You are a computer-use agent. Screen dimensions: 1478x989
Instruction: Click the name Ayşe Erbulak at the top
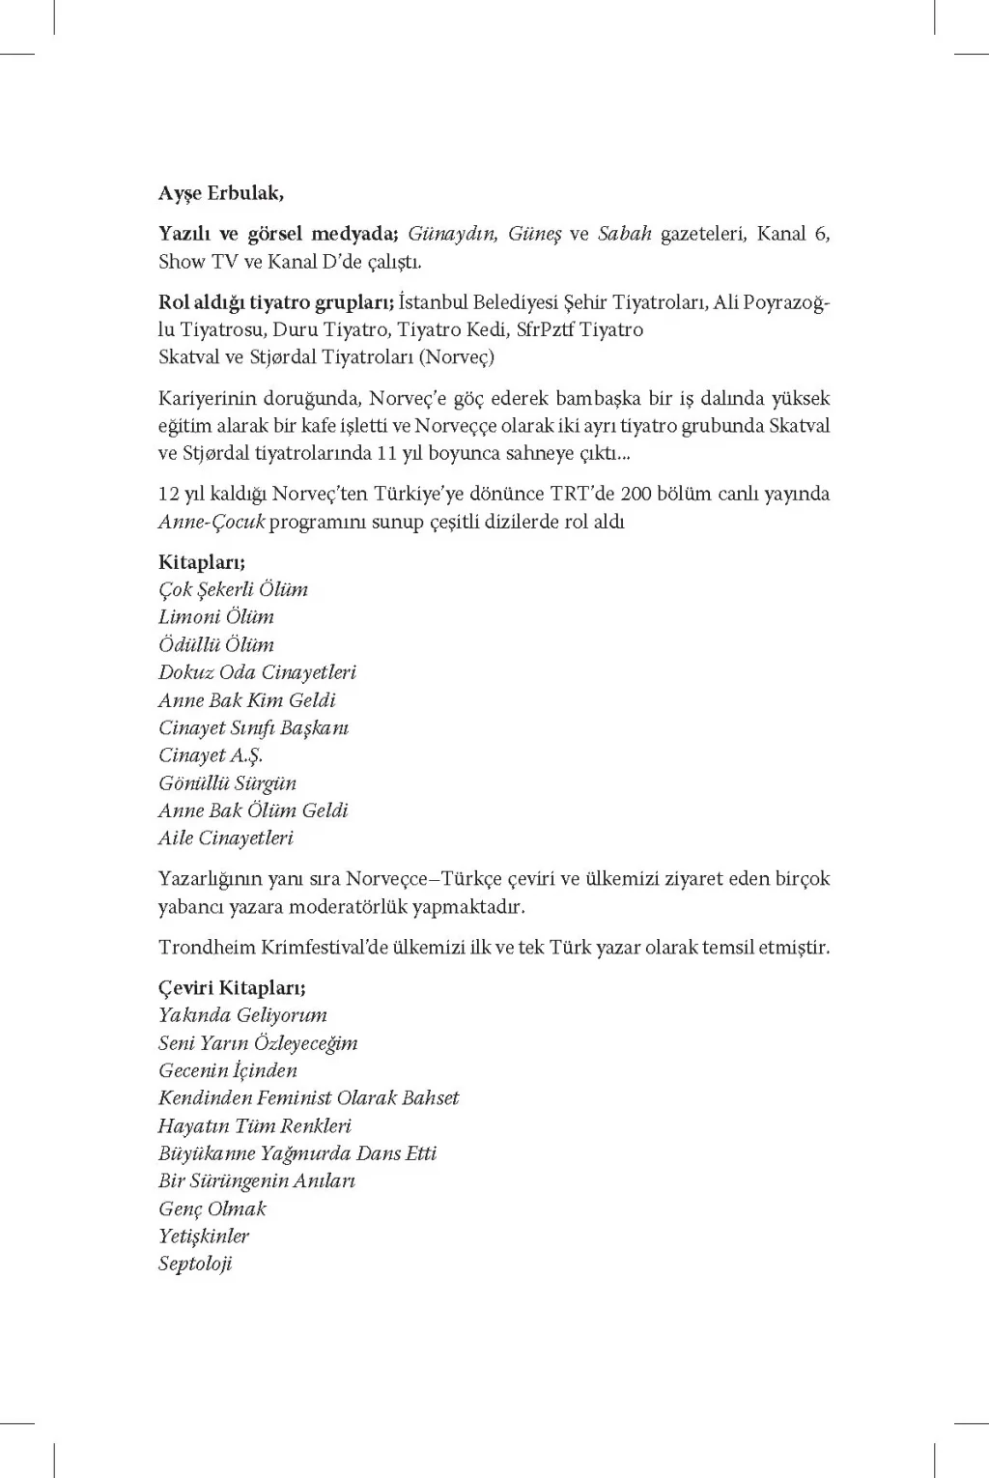220,193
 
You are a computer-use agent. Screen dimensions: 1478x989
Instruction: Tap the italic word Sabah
625,234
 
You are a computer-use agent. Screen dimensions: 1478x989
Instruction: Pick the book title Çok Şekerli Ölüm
233,589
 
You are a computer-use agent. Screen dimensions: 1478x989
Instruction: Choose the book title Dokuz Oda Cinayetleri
257,672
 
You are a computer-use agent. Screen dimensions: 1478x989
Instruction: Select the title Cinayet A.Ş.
210,755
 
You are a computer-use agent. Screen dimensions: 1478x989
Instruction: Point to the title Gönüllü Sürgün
227,783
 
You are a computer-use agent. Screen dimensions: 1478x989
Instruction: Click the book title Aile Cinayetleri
225,838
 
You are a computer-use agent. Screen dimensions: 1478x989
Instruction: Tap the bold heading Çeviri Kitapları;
232,988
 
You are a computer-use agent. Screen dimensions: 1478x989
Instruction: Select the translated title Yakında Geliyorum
242,1015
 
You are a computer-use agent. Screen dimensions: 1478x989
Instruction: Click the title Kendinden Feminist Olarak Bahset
308,1098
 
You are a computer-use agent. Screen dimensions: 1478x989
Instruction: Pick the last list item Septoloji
195,1265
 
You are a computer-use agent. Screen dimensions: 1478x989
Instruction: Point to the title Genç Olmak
212,1208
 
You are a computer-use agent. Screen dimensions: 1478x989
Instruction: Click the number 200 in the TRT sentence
636,494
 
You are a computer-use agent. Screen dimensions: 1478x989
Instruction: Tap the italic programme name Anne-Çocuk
211,523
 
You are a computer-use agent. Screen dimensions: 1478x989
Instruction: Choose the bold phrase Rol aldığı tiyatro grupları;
276,303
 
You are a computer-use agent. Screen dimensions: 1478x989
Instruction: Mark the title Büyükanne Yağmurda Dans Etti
297,1153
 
